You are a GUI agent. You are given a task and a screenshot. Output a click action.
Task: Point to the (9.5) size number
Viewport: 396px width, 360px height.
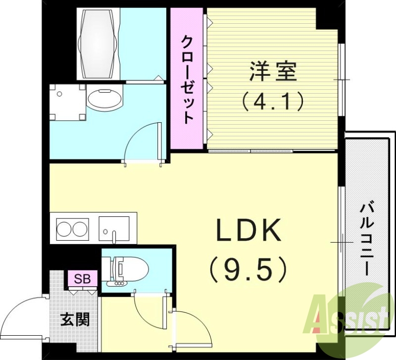[248, 270]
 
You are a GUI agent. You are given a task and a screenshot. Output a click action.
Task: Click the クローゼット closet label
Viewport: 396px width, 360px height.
[187, 79]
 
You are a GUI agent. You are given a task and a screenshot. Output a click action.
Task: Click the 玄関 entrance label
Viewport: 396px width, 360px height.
[75, 319]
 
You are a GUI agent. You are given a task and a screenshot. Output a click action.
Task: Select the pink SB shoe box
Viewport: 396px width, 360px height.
[82, 279]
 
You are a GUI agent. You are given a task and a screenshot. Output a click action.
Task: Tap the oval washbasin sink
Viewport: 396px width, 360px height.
[105, 100]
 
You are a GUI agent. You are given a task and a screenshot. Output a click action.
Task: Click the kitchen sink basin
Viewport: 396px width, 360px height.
[114, 227]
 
